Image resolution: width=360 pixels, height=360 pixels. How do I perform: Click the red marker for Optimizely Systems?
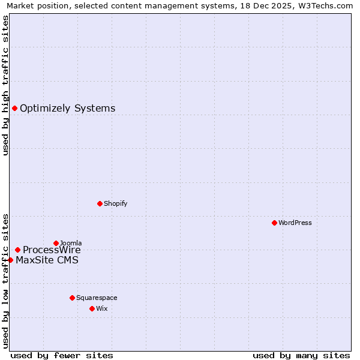[x=15, y=108]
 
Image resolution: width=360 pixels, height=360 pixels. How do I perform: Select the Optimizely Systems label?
[x=67, y=109]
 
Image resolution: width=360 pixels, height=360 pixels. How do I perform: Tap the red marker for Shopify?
[x=100, y=203]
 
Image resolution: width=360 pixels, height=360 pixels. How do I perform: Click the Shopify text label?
[x=115, y=203]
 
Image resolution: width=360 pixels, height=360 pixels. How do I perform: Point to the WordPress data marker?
[x=274, y=223]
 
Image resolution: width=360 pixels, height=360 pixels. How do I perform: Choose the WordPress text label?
[x=295, y=223]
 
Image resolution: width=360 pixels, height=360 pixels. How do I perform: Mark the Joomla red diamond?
[x=56, y=243]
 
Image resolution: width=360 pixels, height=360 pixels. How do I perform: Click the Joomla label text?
[x=70, y=243]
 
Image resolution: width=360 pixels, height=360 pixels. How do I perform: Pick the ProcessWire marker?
[x=18, y=250]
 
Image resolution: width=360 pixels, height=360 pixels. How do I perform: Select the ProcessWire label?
[x=52, y=250]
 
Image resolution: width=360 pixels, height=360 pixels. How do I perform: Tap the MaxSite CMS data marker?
[x=10, y=260]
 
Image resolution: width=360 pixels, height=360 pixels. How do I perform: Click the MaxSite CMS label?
[x=47, y=260]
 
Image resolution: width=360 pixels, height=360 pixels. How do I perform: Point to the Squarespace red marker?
[x=72, y=298]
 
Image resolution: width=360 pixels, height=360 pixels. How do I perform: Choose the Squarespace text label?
[x=97, y=298]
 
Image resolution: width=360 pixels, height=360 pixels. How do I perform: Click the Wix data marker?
[x=92, y=308]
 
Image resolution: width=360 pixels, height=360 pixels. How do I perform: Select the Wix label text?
[x=101, y=308]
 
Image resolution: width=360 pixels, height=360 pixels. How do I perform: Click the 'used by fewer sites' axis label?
[x=62, y=355]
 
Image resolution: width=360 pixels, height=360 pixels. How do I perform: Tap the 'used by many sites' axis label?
[x=301, y=355]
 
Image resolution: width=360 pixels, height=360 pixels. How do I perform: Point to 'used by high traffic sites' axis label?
[x=5, y=85]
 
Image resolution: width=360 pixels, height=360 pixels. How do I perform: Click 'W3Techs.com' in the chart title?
[x=328, y=5]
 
